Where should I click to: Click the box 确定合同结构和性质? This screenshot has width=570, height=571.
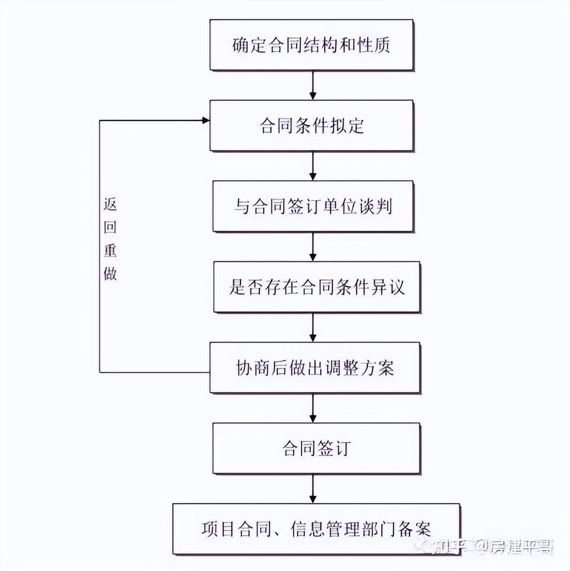(x=312, y=45)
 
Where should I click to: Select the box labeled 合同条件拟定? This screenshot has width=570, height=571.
(x=312, y=126)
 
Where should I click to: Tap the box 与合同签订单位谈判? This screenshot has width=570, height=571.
(x=313, y=206)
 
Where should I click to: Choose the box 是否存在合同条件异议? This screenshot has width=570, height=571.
(x=316, y=287)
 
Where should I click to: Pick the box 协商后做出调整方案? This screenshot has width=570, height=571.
(x=315, y=367)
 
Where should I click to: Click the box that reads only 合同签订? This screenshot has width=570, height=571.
(x=316, y=448)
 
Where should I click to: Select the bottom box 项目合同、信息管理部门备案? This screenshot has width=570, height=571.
(x=316, y=529)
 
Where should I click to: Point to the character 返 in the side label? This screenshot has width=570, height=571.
(x=110, y=205)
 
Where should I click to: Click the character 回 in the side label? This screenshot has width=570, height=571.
(x=110, y=227)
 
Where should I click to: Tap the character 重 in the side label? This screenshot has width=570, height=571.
(x=110, y=250)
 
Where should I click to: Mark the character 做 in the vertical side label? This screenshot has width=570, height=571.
(x=110, y=273)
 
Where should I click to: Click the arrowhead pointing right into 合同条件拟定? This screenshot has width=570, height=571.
(x=206, y=120)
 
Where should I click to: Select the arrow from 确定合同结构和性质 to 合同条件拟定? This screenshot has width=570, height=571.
(x=313, y=85)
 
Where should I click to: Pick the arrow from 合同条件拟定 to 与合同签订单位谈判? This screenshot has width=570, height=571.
(x=313, y=166)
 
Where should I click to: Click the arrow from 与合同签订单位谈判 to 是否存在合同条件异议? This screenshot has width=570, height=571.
(x=313, y=247)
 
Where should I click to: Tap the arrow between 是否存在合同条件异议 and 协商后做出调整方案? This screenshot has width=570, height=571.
(x=313, y=328)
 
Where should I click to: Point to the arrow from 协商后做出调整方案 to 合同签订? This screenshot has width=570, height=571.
(x=313, y=408)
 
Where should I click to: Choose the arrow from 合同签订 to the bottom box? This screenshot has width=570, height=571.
(x=313, y=489)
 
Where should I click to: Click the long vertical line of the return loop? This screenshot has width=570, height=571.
(x=100, y=246)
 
